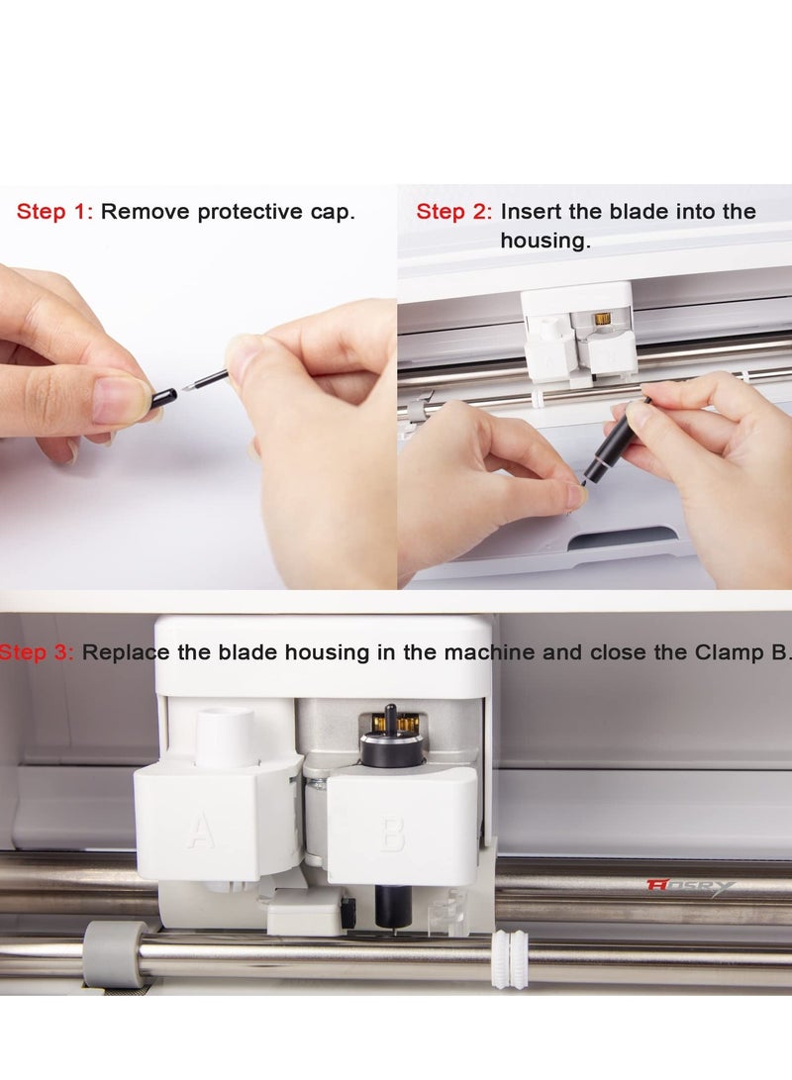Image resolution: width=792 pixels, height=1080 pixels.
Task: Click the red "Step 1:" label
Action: [54, 212]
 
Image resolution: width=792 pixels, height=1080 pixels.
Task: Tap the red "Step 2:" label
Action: [453, 212]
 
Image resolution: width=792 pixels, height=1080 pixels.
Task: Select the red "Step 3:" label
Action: [36, 652]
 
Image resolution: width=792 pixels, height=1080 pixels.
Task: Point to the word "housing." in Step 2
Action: [544, 241]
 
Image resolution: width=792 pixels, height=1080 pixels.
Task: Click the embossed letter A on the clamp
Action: [201, 831]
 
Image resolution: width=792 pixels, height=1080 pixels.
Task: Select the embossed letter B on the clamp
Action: [393, 834]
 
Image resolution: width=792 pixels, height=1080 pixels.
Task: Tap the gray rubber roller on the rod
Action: [114, 953]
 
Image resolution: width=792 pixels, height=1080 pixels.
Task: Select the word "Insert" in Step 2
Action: [532, 212]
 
